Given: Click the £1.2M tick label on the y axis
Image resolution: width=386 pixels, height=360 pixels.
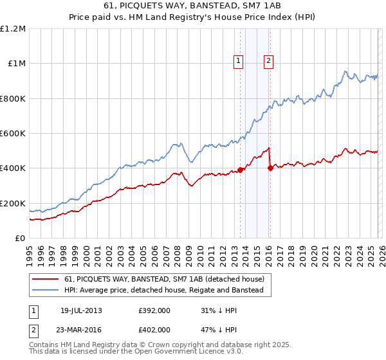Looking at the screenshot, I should pyautogui.click(x=13, y=29).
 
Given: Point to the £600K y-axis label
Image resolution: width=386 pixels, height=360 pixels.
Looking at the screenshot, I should pyautogui.click(x=13, y=134).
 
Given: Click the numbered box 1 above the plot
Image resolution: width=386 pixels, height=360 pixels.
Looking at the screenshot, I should pyautogui.click(x=238, y=62).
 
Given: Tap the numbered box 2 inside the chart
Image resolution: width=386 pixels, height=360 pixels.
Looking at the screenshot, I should pyautogui.click(x=268, y=62).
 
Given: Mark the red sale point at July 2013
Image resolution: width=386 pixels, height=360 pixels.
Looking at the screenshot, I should pyautogui.click(x=241, y=170).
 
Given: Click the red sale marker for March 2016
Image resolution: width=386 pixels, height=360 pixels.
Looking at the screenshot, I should pyautogui.click(x=270, y=168).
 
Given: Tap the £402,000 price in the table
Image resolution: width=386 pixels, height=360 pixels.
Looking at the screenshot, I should pyautogui.click(x=154, y=329).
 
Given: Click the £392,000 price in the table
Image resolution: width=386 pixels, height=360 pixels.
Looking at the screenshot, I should pyautogui.click(x=154, y=310).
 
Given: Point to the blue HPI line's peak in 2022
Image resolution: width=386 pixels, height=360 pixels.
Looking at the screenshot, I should pyautogui.click(x=345, y=71).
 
